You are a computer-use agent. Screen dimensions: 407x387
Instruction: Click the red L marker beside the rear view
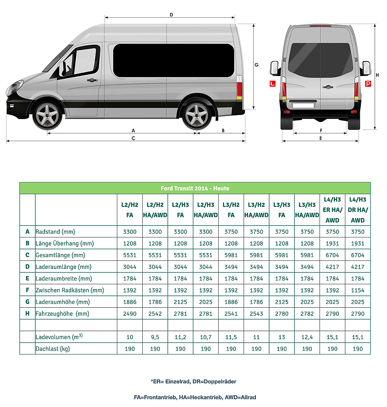[272, 83]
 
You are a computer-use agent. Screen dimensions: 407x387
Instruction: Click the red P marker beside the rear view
[368, 83]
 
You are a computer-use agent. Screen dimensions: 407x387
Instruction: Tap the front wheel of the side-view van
[47, 115]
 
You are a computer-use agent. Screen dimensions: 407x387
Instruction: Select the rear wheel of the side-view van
[197, 115]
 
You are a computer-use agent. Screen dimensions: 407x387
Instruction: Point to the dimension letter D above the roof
[171, 15]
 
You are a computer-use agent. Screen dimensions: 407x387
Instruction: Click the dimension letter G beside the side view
[257, 65]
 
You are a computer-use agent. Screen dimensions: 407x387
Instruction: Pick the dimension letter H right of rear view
[378, 75]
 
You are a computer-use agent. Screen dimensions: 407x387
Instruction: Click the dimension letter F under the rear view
[321, 130]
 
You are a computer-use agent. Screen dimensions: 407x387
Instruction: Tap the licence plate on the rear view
[303, 105]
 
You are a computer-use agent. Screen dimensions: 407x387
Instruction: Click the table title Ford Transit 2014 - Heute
[195, 188]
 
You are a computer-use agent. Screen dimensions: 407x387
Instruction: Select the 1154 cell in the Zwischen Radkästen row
[358, 290]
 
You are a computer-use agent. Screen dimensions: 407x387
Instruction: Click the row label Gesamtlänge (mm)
[60, 255]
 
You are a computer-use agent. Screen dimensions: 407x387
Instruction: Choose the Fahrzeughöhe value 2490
[130, 314]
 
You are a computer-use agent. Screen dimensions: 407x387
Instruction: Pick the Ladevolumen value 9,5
[155, 337]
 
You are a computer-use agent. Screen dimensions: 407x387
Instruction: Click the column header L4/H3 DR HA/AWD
[358, 210]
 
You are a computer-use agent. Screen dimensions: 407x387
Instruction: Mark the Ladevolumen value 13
[282, 337]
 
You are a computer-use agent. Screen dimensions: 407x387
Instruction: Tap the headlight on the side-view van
[14, 87]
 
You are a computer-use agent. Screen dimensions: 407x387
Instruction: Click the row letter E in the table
[27, 278]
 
